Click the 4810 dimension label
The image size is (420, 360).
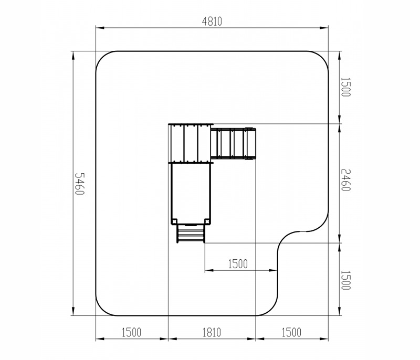212,22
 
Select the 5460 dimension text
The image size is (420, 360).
79,184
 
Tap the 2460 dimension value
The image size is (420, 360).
345,180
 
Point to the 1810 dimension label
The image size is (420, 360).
212,332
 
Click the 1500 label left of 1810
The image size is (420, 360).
131,332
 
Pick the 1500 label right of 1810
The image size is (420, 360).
291,332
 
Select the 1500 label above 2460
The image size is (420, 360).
345,87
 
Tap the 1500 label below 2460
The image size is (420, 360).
345,280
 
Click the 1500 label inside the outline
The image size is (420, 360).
238,264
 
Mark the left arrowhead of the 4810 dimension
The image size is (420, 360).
100,28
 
